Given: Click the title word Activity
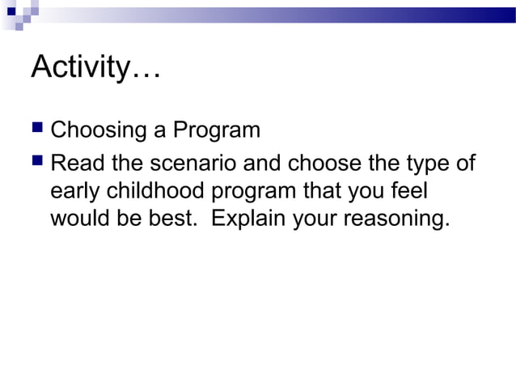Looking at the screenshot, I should [78, 68].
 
